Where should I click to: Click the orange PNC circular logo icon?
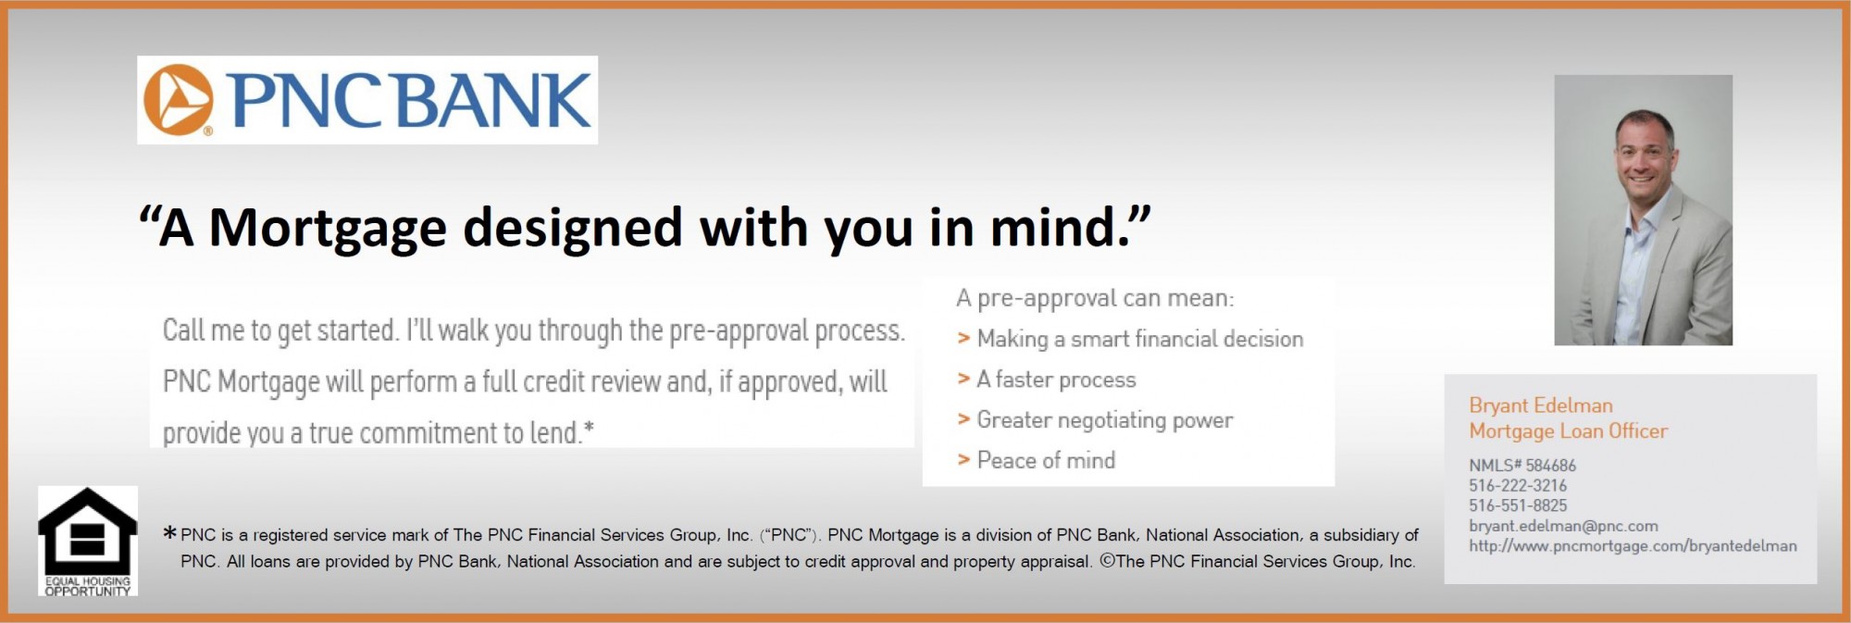(179, 100)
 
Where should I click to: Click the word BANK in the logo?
(495, 100)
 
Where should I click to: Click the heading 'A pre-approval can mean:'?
(1095, 298)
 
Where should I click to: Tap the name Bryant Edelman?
(1540, 405)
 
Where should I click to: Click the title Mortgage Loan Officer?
(1568, 431)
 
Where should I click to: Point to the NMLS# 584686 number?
(1522, 466)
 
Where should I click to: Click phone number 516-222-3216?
(1518, 486)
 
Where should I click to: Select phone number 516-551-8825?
(1518, 506)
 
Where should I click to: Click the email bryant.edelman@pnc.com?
(1563, 526)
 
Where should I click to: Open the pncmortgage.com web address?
(1633, 546)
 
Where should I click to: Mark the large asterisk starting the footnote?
(169, 533)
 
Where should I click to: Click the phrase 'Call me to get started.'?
(280, 330)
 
